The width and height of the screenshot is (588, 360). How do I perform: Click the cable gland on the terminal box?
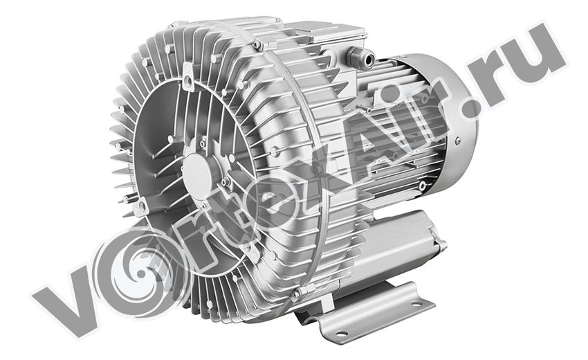point(360,56)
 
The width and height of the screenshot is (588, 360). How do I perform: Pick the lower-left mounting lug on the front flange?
point(140,207)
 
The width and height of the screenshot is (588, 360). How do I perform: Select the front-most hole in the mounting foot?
point(342,332)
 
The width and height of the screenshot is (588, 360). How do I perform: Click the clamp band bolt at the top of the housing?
point(257,45)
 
